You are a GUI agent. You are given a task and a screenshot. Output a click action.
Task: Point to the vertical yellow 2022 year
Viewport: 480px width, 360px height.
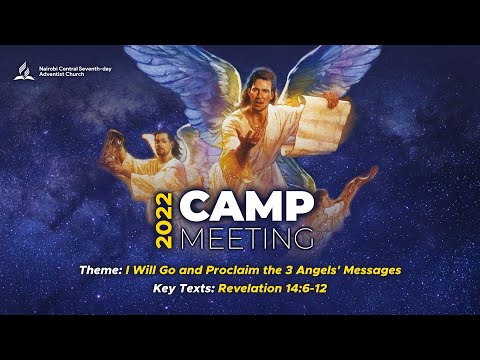(165, 220)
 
